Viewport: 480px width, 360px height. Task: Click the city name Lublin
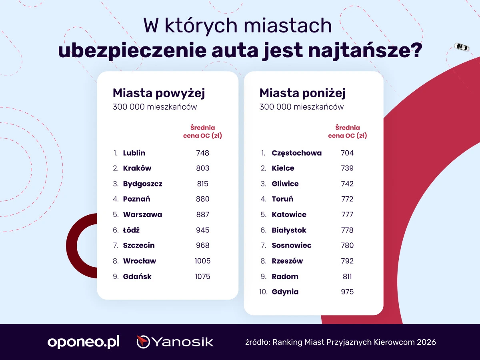point(134,153)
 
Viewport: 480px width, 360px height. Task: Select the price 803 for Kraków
point(203,168)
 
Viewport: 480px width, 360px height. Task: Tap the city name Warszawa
point(142,214)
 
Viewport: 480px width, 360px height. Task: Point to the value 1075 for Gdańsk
point(203,276)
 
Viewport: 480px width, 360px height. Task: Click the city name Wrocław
point(140,261)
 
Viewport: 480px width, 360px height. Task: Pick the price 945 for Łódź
point(203,230)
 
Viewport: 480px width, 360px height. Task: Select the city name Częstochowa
point(297,153)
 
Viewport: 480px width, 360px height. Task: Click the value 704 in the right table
point(347,153)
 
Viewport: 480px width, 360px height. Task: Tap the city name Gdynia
point(285,292)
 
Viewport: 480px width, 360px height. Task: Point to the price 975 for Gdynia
point(347,292)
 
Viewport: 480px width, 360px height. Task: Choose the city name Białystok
point(289,230)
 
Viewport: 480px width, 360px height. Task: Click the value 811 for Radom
point(347,276)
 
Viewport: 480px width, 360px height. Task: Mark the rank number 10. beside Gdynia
point(263,292)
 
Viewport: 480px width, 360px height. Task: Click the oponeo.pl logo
point(84,342)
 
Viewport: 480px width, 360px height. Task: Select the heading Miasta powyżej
point(159,93)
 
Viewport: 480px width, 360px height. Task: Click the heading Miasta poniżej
point(302,93)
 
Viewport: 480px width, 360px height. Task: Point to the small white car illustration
point(462,47)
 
